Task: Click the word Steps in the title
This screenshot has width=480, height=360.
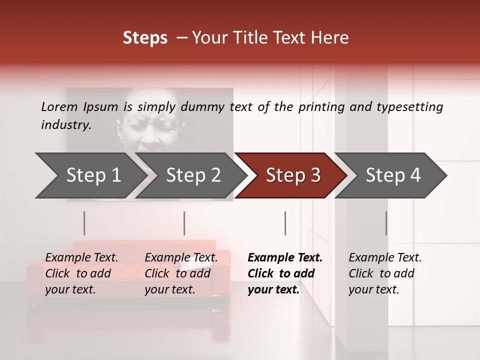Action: coord(145,38)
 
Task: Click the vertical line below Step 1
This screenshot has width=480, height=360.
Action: coord(84,223)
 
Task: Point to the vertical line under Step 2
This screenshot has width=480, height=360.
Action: coord(184,223)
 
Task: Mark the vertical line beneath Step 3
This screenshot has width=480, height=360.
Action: coord(285,223)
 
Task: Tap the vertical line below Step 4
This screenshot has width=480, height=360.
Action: coord(386,223)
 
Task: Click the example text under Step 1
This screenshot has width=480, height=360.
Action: coord(81,273)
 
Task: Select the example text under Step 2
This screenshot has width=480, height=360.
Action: coord(181,273)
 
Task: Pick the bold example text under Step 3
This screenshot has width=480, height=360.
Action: coord(285,273)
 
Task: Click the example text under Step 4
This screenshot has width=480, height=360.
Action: coord(385,273)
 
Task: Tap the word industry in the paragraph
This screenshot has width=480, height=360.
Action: coord(66,125)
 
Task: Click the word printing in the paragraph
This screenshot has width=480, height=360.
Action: coord(320,107)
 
